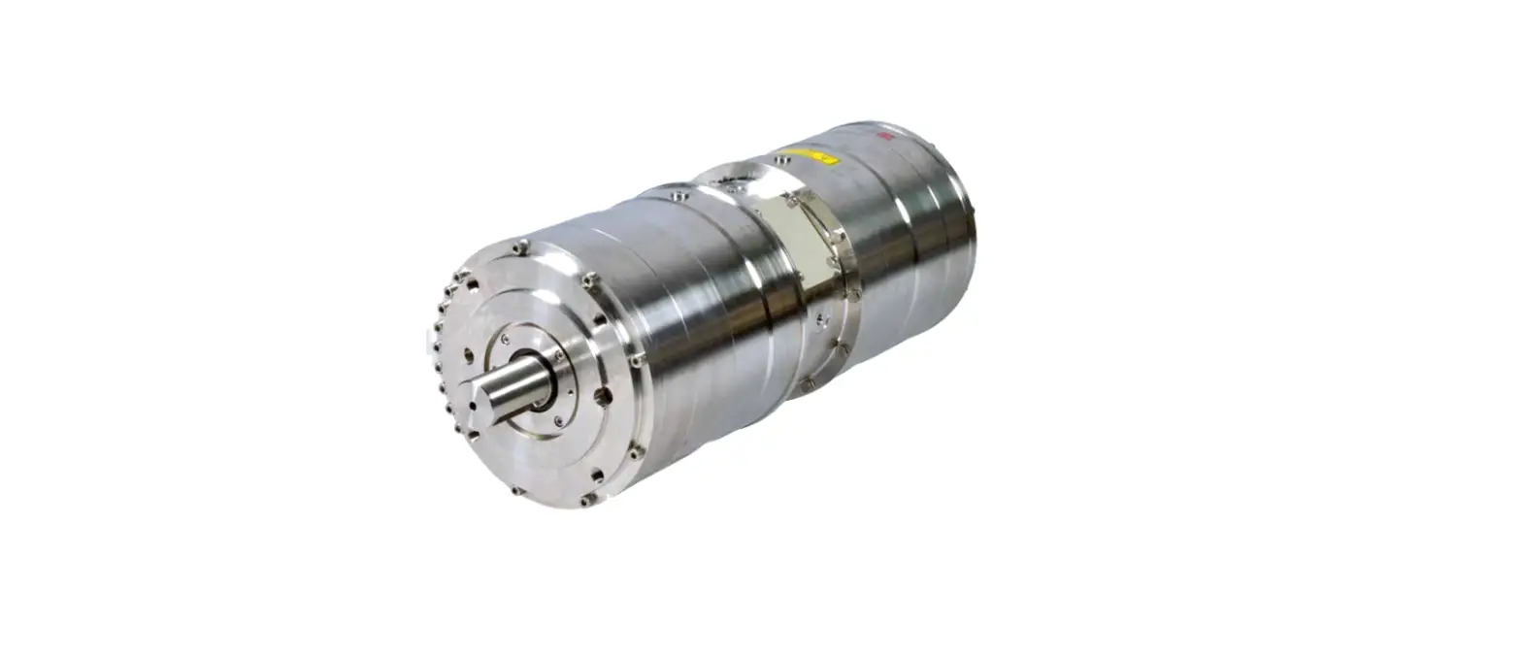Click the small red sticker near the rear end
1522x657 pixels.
coord(884,138)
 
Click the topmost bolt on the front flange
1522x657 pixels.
coord(521,246)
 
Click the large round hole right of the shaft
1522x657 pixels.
coord(603,395)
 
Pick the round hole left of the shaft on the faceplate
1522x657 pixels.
coord(469,355)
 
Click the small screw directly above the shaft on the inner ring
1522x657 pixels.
coord(504,339)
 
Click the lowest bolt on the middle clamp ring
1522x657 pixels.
coord(807,385)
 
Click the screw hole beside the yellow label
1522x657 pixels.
coord(782,159)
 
